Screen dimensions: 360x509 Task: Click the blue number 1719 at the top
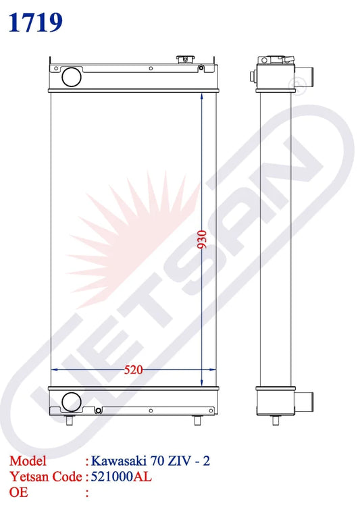(x=35, y=22)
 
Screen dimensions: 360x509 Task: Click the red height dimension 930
(x=202, y=239)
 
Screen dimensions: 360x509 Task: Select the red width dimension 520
(x=133, y=369)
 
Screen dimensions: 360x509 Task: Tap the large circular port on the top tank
(x=72, y=76)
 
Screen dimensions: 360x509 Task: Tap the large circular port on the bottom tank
(x=72, y=402)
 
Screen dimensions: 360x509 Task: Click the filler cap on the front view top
(x=185, y=59)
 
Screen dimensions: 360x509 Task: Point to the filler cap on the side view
(x=276, y=60)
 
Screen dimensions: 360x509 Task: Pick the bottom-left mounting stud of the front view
(x=69, y=421)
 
